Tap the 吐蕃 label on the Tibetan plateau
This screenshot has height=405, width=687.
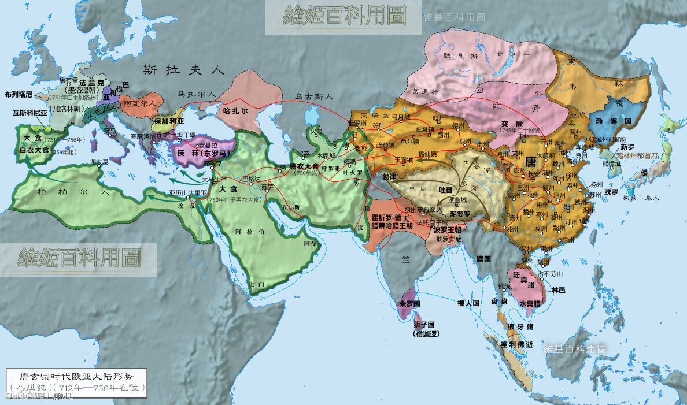(x=446, y=189)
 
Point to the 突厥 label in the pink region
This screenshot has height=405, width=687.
(x=512, y=123)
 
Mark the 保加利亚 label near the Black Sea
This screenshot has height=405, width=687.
(x=169, y=122)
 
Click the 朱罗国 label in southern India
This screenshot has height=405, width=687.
(x=409, y=303)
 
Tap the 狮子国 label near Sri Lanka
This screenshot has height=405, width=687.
(x=427, y=326)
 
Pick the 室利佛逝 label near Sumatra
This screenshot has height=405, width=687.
(x=517, y=344)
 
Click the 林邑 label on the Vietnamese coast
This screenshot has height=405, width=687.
(x=558, y=289)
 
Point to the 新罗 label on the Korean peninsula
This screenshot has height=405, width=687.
(x=627, y=147)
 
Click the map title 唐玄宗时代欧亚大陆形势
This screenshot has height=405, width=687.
(x=76, y=376)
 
